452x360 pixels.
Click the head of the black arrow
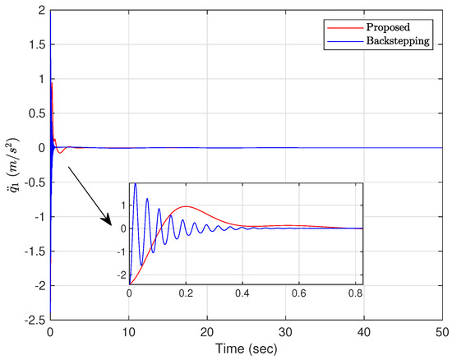[x=110, y=223]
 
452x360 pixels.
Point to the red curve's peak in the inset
[x=186, y=206]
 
